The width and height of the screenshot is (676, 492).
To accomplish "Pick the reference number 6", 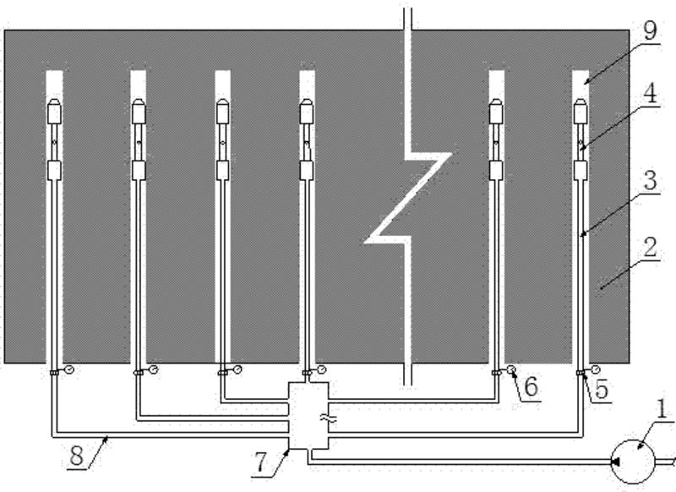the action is [x=531, y=385].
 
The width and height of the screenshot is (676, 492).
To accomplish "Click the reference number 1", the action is [x=662, y=412].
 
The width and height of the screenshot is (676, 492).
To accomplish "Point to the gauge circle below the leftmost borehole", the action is [x=68, y=369].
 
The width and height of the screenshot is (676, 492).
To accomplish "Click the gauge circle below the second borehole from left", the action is [x=153, y=369].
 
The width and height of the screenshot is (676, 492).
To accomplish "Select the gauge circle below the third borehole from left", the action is [x=237, y=369].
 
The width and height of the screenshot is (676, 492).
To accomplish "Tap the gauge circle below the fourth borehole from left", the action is [x=322, y=369].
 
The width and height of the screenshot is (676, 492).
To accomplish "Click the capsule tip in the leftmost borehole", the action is [x=54, y=111].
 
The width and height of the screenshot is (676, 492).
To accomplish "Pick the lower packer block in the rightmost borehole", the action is [x=581, y=170].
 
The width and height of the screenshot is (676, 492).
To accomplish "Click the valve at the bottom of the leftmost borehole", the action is [x=53, y=372].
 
